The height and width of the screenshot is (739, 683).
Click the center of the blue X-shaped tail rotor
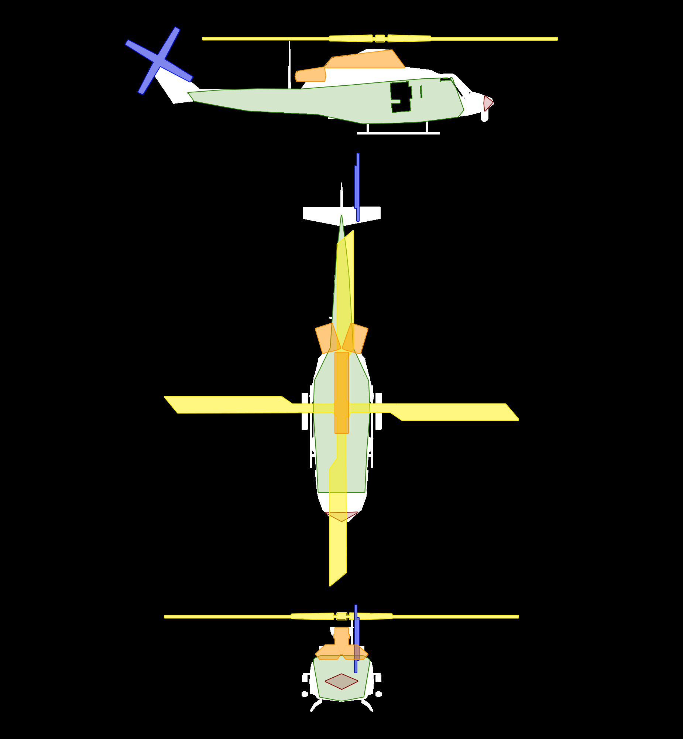tap(159, 61)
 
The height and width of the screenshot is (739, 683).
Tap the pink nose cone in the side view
tap(488, 103)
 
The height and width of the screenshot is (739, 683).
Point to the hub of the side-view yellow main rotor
tap(380, 38)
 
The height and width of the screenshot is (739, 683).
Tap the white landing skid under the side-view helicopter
tap(398, 133)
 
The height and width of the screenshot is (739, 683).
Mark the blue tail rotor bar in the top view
tap(358, 187)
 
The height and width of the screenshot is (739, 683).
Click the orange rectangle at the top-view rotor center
tap(341, 392)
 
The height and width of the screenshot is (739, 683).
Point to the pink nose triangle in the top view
tap(341, 516)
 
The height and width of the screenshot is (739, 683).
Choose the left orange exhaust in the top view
tap(327, 338)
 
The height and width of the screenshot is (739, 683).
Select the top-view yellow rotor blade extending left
tap(229, 405)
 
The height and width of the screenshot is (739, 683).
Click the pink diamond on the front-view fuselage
tap(341, 681)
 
